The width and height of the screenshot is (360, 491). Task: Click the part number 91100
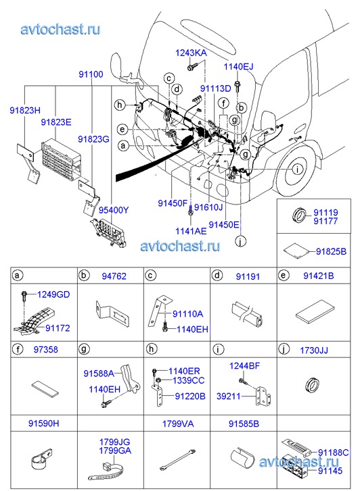pos(91,74)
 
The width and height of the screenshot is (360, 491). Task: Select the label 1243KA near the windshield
pos(191,53)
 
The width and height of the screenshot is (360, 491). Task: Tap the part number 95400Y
pos(114,210)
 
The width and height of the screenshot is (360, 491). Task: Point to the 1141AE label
pos(191,231)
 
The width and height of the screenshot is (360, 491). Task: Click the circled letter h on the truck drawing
pos(120,105)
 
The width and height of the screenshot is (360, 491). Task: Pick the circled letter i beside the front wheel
pos(297,170)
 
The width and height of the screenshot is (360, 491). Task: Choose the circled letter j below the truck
pos(241,241)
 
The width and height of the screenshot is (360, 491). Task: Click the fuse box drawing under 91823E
pos(59,159)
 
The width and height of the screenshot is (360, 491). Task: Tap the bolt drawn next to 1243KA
pos(192,67)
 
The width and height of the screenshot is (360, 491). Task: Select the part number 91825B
pos(331,251)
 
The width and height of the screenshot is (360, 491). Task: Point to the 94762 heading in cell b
pos(114,276)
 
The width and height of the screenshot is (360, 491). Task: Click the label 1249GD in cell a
pos(53,294)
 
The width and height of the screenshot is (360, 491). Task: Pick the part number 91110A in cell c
pos(187,314)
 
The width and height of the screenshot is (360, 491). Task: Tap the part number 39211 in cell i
pos(229,396)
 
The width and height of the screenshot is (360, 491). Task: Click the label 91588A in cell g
pos(99,373)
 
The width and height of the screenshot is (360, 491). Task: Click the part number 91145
pos(330,471)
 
